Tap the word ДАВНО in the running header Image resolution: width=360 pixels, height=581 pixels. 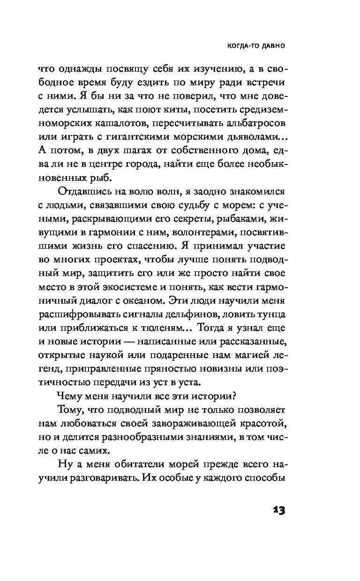[272, 46]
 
